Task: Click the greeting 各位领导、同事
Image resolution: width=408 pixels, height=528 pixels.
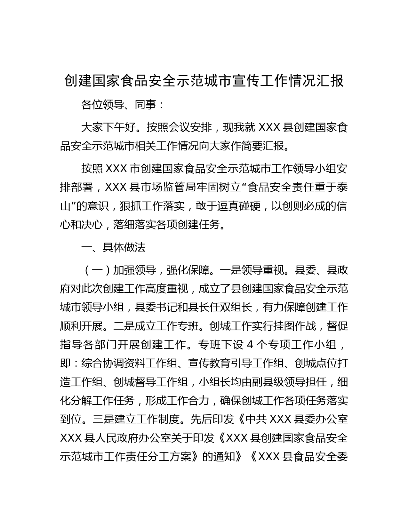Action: click(118, 105)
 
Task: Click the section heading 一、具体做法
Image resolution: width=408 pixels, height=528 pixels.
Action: click(114, 247)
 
